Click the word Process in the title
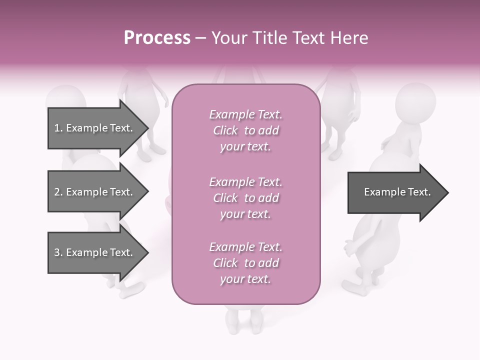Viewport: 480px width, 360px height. (x=157, y=38)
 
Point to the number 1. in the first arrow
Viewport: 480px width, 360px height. (x=58, y=128)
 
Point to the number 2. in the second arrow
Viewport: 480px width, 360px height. (x=58, y=192)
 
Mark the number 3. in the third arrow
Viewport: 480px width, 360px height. (x=58, y=252)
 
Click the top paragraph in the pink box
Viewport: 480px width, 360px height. (x=245, y=130)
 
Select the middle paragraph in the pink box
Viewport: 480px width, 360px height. (x=245, y=198)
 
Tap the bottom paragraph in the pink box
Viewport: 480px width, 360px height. (x=245, y=263)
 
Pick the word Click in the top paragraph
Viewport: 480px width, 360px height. (x=225, y=130)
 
